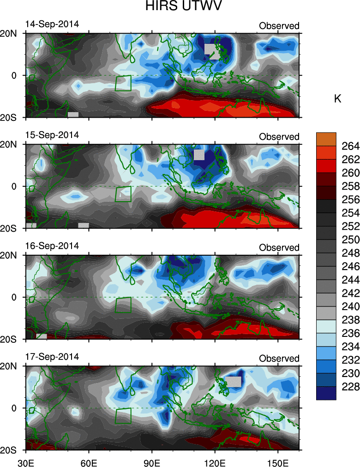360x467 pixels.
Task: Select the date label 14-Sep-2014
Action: tap(52, 24)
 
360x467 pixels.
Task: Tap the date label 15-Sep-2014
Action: tap(52, 135)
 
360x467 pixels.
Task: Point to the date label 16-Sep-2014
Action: tap(52, 245)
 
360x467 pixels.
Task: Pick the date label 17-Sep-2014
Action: tap(52, 356)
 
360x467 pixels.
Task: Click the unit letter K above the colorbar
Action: tap(337, 99)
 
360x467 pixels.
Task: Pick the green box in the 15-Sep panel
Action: tap(123, 194)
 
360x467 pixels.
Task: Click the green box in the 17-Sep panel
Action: tap(123, 415)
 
